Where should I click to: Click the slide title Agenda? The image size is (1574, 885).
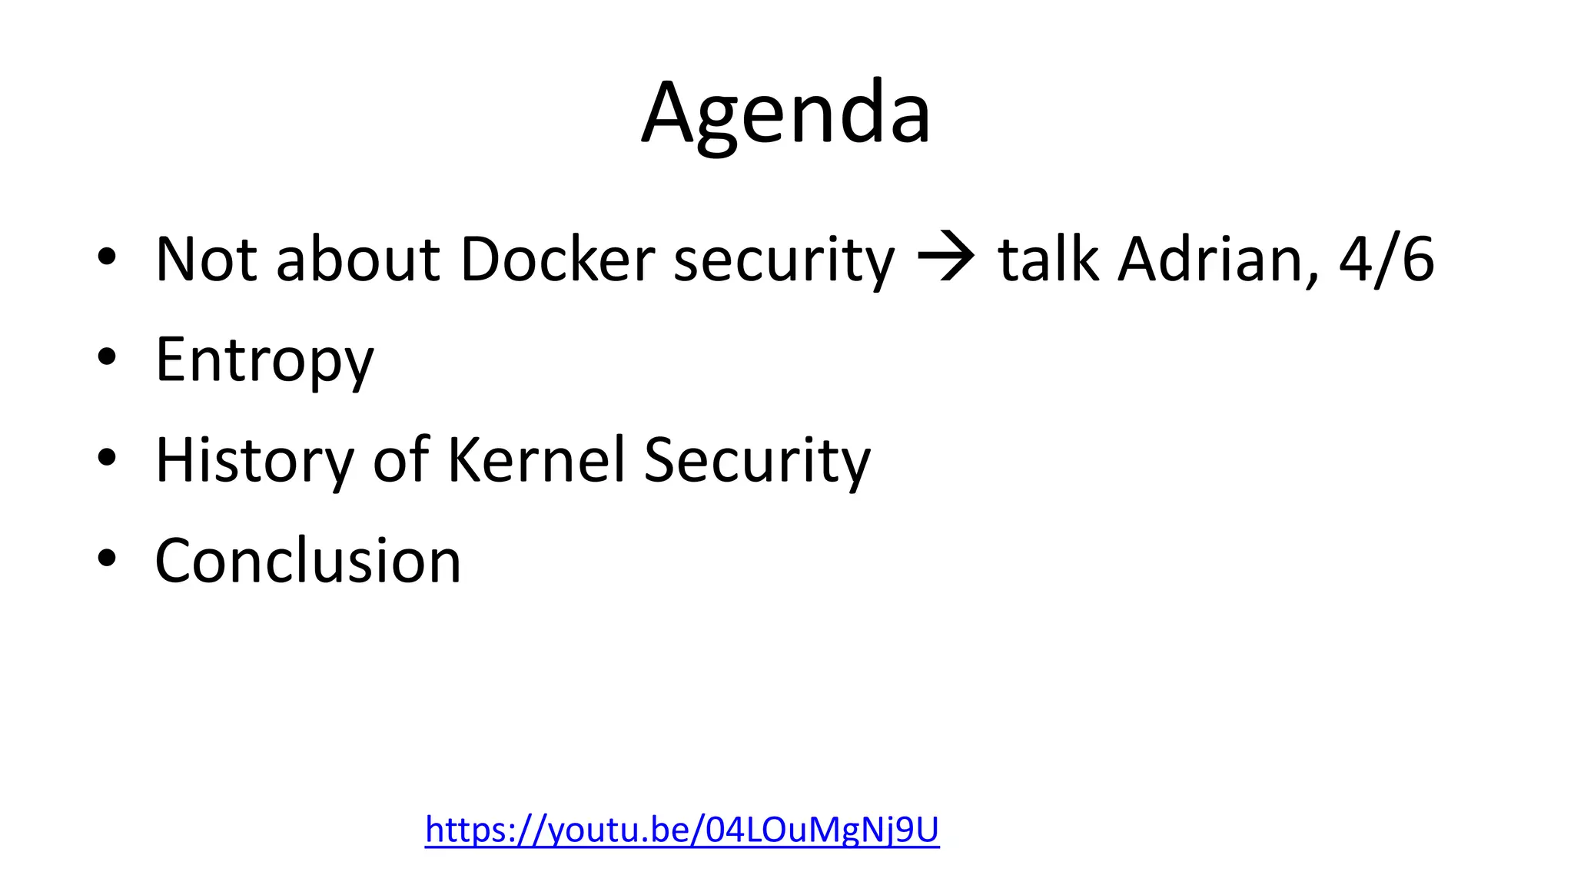[786, 114]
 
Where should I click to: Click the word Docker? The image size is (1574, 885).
[558, 260]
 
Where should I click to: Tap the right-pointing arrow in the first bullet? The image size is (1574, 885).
[946, 260]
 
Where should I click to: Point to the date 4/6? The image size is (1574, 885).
[1386, 260]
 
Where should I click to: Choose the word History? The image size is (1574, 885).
[254, 460]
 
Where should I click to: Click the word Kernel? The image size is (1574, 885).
[536, 460]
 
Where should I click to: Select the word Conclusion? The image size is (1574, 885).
[307, 561]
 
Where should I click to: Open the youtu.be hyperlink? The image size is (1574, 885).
[682, 830]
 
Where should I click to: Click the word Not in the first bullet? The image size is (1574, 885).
[206, 260]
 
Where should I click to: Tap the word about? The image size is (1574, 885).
[358, 260]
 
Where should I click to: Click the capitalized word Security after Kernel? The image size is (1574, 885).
[757, 461]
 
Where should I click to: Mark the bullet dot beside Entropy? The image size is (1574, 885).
[107, 357]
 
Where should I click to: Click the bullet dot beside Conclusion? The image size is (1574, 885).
[107, 559]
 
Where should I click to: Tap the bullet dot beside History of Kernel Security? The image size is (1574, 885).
[107, 458]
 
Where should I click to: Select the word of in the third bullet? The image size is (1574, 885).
[400, 460]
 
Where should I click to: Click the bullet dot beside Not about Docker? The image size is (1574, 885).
[107, 257]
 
